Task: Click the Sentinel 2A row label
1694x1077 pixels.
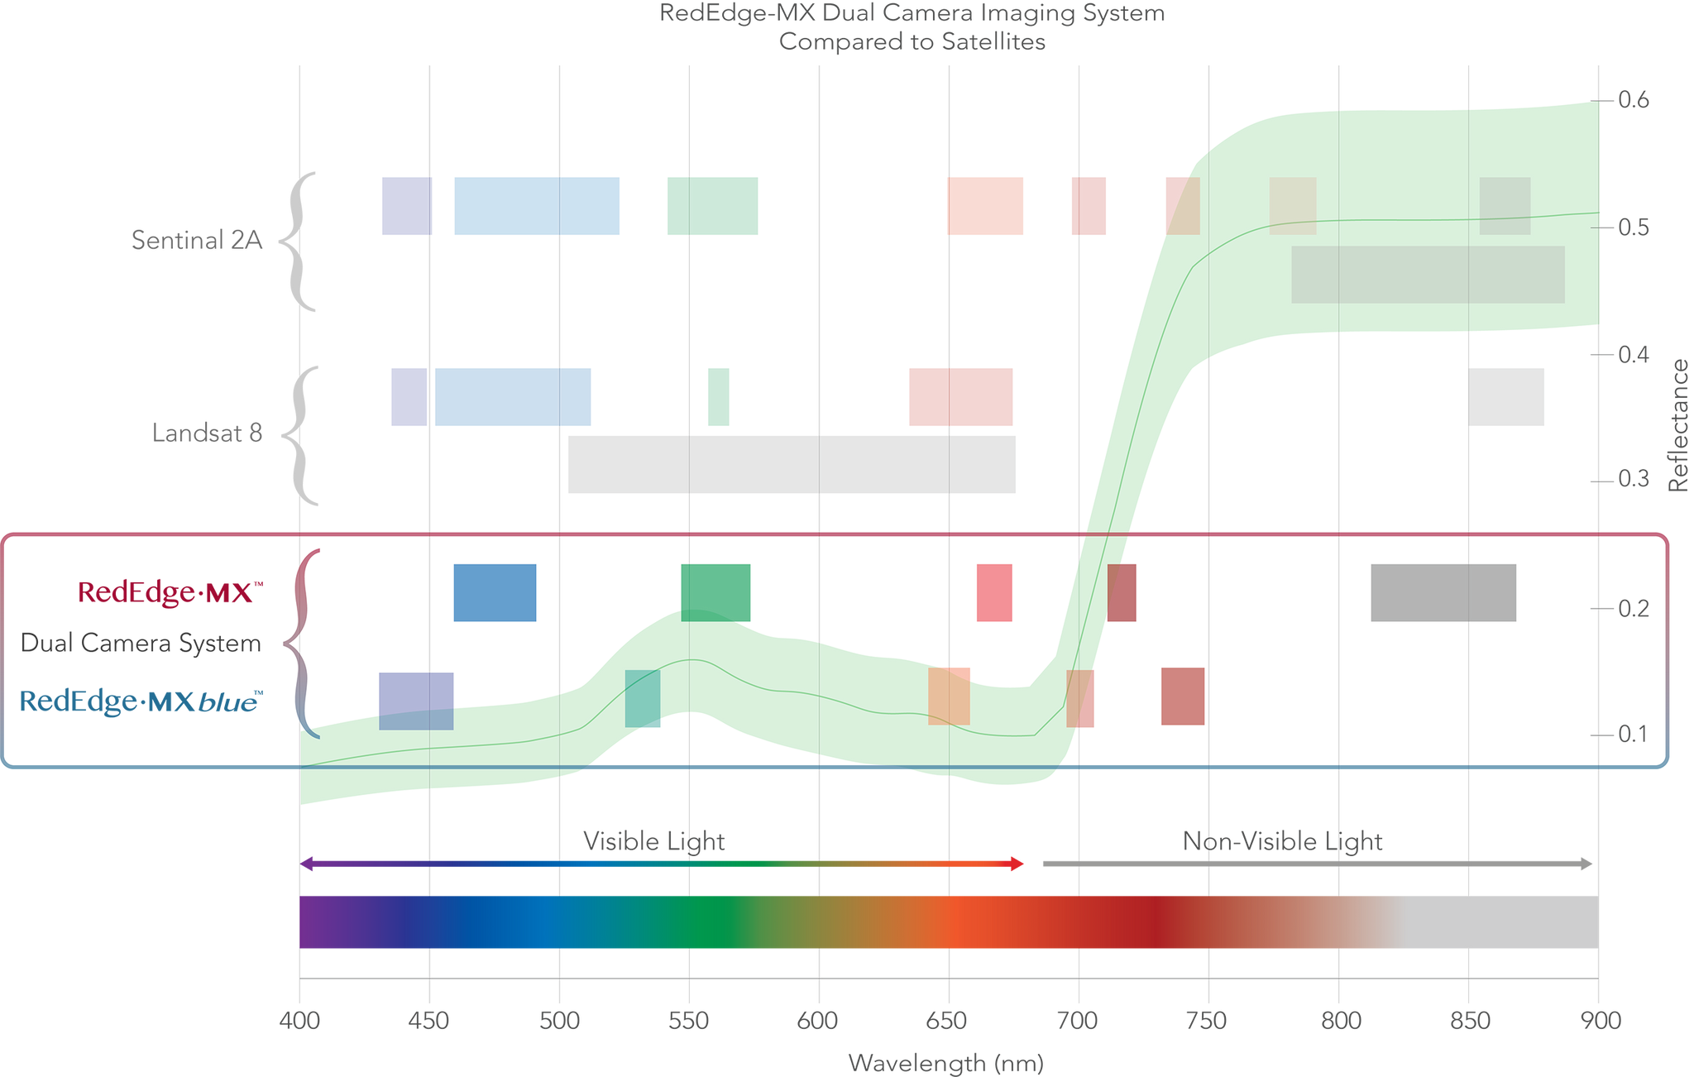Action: tap(197, 240)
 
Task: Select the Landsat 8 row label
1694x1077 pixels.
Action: tap(207, 433)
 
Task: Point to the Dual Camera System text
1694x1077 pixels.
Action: tap(141, 644)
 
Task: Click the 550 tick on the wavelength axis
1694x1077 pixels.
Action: tap(688, 1022)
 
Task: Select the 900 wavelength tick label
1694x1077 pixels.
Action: tap(1601, 1022)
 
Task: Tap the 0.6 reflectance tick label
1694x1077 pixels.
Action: tap(1633, 100)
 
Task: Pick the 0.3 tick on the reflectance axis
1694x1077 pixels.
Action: tap(1633, 480)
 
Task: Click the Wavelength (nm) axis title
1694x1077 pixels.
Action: tap(945, 1063)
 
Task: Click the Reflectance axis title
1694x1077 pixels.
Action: tap(1679, 426)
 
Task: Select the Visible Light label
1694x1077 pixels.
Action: tap(653, 841)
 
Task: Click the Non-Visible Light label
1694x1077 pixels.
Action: tap(1282, 841)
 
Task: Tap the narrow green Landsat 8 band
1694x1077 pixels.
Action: tap(719, 397)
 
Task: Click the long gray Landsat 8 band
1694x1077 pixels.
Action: tap(792, 465)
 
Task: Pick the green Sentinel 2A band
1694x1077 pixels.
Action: tap(712, 207)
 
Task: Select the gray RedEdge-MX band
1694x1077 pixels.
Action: tap(1443, 593)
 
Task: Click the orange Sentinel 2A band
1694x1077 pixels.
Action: tap(984, 207)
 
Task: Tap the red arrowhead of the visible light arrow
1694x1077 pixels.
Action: tap(1017, 864)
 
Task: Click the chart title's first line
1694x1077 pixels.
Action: tap(912, 14)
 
